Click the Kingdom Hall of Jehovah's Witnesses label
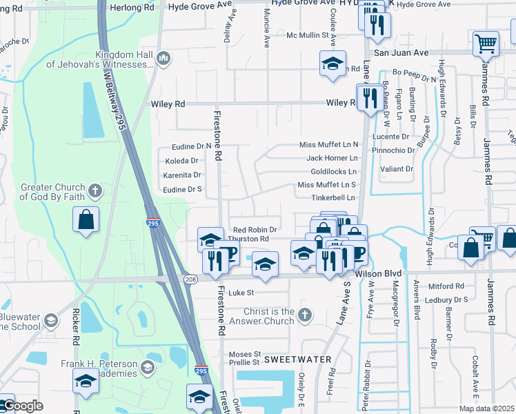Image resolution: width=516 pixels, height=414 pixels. (99, 59)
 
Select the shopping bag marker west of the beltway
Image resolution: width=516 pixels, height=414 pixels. (86, 220)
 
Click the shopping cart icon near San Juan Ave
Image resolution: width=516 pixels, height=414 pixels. (486, 43)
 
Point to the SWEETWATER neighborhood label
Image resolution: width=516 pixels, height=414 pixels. (298, 359)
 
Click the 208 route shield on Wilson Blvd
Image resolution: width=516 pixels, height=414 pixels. (191, 278)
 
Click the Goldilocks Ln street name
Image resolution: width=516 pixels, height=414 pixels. (334, 171)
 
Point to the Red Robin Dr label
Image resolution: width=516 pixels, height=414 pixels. (255, 230)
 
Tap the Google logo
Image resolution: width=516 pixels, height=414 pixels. (22, 406)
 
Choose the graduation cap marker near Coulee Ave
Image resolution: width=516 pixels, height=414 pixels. (333, 64)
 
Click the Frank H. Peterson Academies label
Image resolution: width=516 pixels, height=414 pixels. (109, 367)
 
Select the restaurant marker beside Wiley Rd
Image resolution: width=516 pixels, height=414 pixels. (369, 97)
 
